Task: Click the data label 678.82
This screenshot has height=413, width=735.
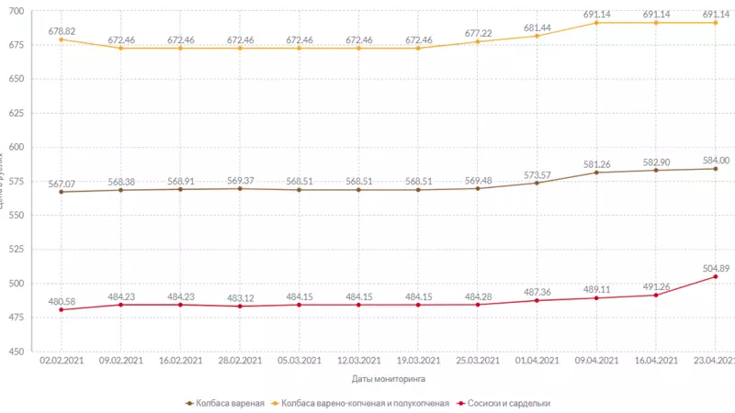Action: click(x=61, y=30)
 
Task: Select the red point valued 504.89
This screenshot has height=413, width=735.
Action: click(x=715, y=276)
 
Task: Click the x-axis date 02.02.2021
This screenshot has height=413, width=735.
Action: click(x=61, y=361)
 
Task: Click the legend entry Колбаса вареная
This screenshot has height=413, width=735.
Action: click(x=225, y=403)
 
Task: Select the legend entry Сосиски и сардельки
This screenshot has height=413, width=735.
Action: click(x=508, y=403)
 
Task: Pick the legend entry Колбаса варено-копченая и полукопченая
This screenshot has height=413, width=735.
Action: click(x=365, y=403)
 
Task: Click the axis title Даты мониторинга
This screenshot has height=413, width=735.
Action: click(x=388, y=377)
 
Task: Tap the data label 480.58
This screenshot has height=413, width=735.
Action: click(x=61, y=300)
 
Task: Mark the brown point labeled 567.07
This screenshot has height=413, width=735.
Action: click(x=61, y=192)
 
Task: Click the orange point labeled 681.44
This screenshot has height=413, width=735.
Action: click(x=537, y=36)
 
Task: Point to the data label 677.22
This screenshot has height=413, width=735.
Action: click(x=478, y=32)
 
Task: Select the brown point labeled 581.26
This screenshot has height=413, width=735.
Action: click(x=596, y=173)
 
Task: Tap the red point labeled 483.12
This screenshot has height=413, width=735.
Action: click(x=240, y=306)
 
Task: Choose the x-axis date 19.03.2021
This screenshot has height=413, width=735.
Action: click(x=418, y=361)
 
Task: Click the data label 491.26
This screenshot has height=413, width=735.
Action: click(x=656, y=285)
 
